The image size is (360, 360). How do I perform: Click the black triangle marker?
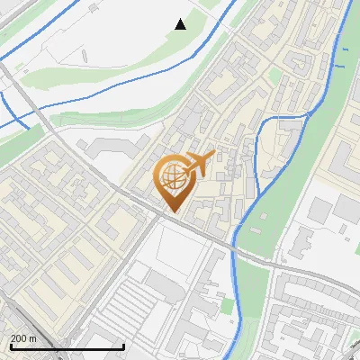[181, 24]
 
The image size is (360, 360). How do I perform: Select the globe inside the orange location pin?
[173, 177]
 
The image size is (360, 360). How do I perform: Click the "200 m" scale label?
[23, 337]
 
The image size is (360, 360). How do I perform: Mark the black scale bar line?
[67, 346]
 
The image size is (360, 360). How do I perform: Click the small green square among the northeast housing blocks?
[275, 76]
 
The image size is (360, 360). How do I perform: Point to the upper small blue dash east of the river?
[338, 65]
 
